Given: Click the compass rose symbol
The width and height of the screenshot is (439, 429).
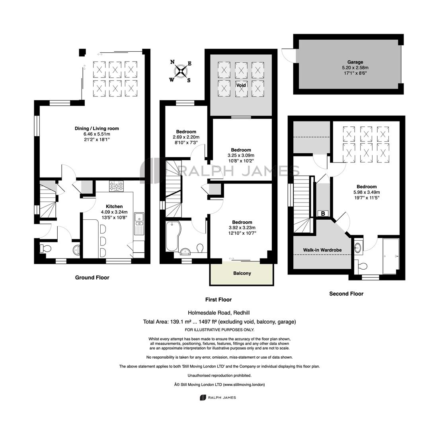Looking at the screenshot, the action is [x=181, y=71].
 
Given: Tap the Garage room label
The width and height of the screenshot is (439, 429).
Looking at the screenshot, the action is [x=355, y=62].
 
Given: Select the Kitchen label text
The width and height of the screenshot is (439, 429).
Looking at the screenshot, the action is [x=114, y=207].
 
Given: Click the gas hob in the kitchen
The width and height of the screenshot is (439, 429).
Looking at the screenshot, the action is [x=116, y=186].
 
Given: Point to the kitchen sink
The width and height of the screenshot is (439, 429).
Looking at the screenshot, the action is [x=139, y=219].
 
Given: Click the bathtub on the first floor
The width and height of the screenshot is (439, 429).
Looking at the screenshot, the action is [x=172, y=236].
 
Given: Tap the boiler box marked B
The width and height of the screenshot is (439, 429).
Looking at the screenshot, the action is [x=323, y=214].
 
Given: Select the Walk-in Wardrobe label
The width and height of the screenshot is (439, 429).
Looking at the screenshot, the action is [x=322, y=250].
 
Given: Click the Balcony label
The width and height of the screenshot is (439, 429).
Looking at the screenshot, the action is [x=242, y=273].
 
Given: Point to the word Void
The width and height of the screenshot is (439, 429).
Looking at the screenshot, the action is [x=241, y=85].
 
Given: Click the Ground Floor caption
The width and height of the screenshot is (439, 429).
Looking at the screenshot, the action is [x=92, y=278].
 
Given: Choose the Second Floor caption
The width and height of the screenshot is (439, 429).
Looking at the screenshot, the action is [x=346, y=294].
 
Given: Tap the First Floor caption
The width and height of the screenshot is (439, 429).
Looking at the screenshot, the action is [x=219, y=300].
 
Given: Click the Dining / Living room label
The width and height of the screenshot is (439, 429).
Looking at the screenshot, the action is [x=97, y=129].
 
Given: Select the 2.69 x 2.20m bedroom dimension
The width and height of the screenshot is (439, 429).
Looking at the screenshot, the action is [x=186, y=137].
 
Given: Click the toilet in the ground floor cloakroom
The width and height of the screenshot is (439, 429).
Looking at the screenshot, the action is [x=45, y=248].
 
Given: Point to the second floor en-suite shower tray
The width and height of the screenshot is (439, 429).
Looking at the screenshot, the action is [x=391, y=256].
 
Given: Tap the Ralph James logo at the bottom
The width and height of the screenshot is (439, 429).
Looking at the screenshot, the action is [x=218, y=397].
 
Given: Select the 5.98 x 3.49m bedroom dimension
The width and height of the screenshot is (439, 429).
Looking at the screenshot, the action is [x=367, y=192].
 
